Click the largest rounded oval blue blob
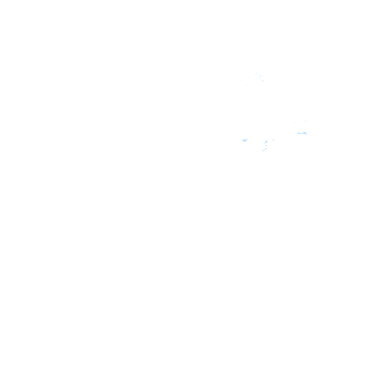[x=245, y=140]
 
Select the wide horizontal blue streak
[x=302, y=133]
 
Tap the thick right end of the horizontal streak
[x=305, y=133]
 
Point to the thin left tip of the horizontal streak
[x=298, y=133]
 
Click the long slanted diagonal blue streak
[x=264, y=149]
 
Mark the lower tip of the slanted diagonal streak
[x=263, y=151]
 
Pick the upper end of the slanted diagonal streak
[x=266, y=148]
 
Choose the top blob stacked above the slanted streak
[x=266, y=142]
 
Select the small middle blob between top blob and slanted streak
[x=266, y=145]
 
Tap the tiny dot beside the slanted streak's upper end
[x=268, y=147]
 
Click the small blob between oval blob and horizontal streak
[x=274, y=140]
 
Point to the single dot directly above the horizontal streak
[x=302, y=128]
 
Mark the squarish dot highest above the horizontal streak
[x=305, y=121]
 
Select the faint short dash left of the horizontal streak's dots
[x=294, y=123]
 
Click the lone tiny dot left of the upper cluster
[x=241, y=80]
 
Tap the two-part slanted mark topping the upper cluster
[x=256, y=74]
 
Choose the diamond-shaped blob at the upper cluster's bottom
[x=263, y=81]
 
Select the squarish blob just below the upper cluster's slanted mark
[x=260, y=76]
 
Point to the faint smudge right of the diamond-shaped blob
[x=267, y=80]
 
